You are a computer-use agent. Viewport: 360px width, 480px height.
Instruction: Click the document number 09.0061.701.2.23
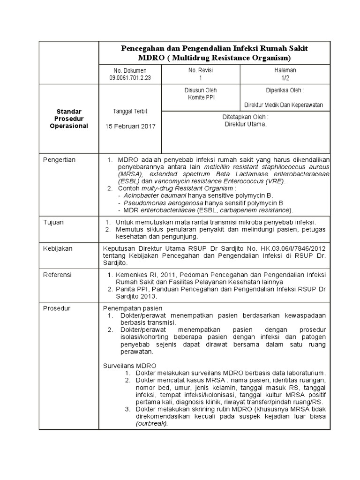pos(130,77)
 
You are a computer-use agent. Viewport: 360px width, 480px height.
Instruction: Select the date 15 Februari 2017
pos(130,127)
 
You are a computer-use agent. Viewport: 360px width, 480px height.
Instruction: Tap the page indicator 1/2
pos(285,77)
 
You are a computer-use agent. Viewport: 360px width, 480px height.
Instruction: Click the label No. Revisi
pos(201,70)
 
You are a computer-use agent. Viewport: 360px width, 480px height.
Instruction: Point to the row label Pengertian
pos(59,160)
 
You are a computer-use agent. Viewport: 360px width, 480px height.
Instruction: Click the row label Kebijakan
pos(58,248)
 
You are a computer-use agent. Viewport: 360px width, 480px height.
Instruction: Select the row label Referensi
pos(58,275)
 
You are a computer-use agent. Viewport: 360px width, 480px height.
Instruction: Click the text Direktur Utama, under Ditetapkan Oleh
pos(245,124)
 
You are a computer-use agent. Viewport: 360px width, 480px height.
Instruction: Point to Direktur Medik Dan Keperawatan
pos(284,105)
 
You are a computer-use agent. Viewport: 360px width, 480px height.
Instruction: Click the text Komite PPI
pos(201,97)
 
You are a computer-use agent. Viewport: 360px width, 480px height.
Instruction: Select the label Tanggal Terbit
pos(130,111)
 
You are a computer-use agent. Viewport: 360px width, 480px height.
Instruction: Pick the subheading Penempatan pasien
pos(132,308)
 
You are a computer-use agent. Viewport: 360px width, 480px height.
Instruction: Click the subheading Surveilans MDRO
pos(129,366)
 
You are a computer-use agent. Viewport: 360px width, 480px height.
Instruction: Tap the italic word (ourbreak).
pos(151,423)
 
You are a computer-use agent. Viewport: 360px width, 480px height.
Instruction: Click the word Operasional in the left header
pos(69,126)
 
